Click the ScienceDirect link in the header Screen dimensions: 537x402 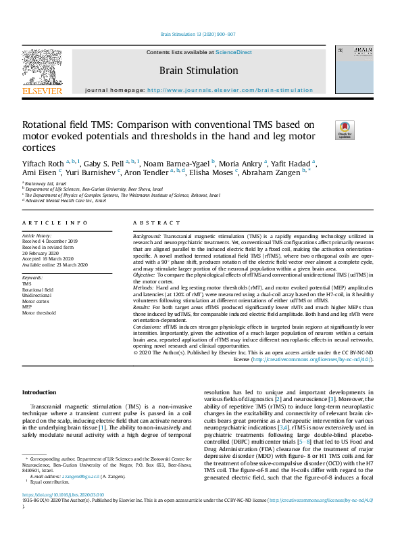click(234, 52)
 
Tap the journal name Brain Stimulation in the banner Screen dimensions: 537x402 click(199, 70)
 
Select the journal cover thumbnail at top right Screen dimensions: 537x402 click(363, 70)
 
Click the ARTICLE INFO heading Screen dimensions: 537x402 click(55, 223)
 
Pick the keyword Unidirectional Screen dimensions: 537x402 click(37, 296)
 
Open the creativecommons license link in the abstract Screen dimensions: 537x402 click(311, 360)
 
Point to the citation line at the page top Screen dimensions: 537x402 click(198, 33)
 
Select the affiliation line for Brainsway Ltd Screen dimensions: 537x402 click(45, 183)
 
